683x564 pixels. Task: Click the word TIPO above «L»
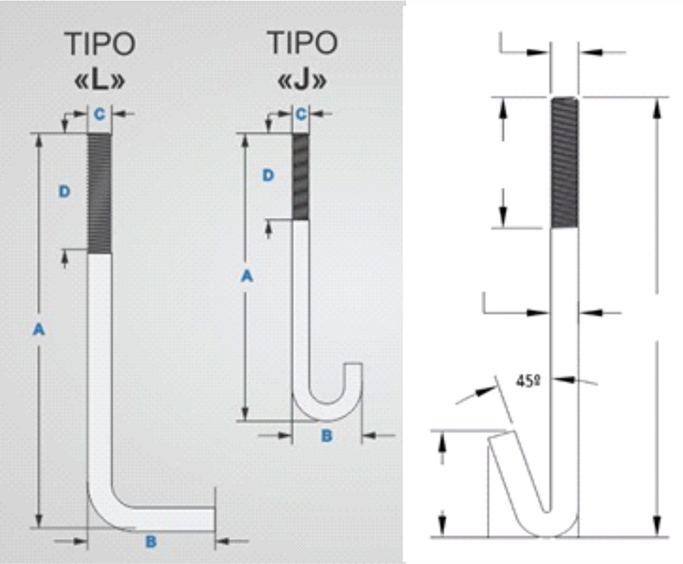tap(100, 44)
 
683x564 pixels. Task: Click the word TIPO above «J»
tap(302, 43)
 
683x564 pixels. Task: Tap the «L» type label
tap(100, 80)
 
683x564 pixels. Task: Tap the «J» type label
tap(302, 79)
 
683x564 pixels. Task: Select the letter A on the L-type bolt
tap(38, 329)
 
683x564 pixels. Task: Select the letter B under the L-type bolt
tap(151, 541)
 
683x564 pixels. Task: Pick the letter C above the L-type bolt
tap(100, 114)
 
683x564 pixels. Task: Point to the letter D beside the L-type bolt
tap(65, 191)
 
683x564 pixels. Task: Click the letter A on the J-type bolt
tap(247, 276)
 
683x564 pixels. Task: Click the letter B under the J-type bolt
tap(327, 436)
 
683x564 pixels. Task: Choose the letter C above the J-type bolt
tap(301, 114)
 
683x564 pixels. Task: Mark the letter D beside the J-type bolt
tap(268, 176)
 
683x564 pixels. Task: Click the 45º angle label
tap(528, 381)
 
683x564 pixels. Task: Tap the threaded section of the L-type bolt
tap(99, 194)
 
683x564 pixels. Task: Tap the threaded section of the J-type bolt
tap(301, 177)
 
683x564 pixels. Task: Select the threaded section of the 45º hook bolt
tap(564, 163)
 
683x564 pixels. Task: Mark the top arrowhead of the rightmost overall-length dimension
tap(657, 109)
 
